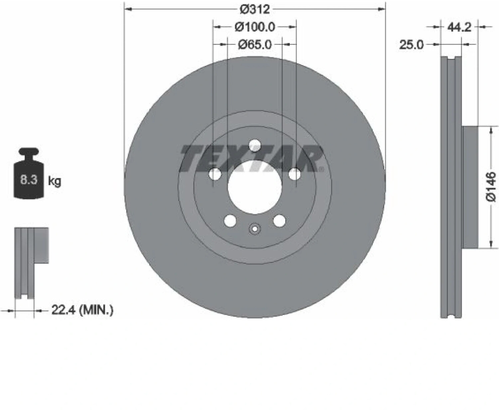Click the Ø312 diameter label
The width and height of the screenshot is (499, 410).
point(254,10)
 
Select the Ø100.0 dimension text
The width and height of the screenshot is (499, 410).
point(255,27)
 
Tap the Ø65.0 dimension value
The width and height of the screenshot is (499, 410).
point(255,45)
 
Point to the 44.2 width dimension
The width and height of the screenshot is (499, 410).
point(459,27)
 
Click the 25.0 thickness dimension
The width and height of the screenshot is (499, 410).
point(411,45)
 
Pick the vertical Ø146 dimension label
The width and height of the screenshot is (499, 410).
point(491,187)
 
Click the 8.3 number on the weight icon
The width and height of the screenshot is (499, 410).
point(29,180)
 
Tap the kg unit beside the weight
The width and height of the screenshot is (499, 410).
point(55,181)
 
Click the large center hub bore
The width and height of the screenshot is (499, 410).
point(254,187)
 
